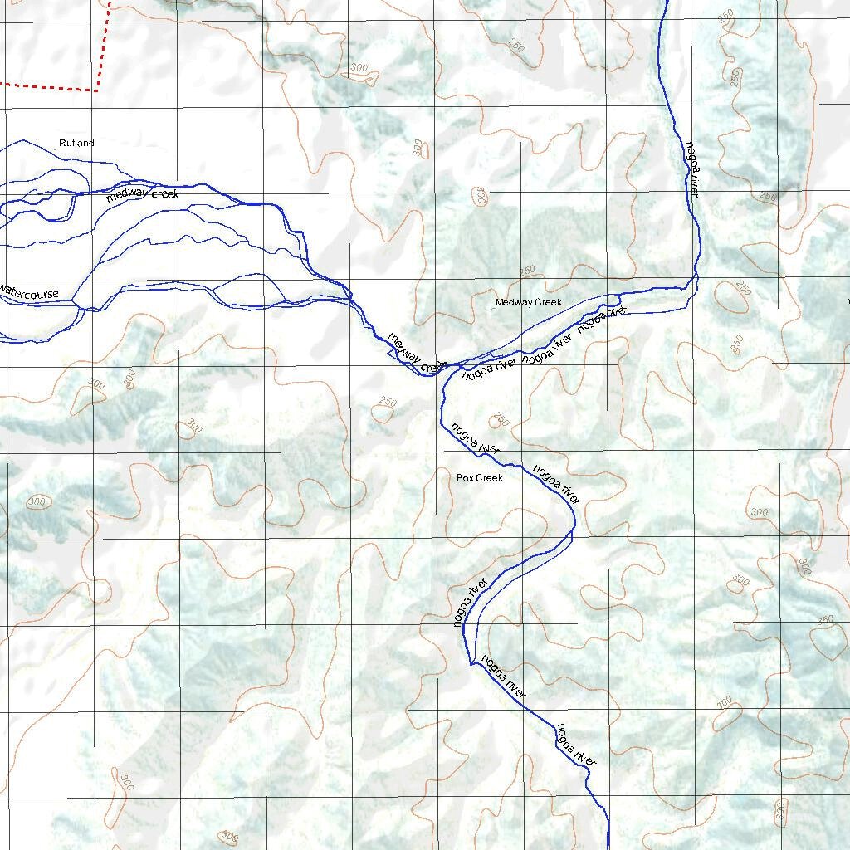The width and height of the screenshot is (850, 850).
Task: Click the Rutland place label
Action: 76,144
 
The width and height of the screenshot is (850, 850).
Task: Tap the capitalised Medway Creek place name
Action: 529,303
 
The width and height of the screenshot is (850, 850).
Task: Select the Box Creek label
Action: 480,478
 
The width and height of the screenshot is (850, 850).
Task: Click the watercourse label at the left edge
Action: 30,293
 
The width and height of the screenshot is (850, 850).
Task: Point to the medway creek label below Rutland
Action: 142,195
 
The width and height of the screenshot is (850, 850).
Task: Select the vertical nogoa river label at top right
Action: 693,169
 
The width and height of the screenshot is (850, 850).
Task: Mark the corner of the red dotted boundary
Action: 97,89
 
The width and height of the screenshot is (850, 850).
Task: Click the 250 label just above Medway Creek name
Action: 527,272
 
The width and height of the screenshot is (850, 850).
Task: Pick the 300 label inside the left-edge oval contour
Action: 37,501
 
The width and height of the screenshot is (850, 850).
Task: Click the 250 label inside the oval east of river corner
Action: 742,289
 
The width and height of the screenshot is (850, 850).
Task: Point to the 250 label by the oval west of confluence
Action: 388,403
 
